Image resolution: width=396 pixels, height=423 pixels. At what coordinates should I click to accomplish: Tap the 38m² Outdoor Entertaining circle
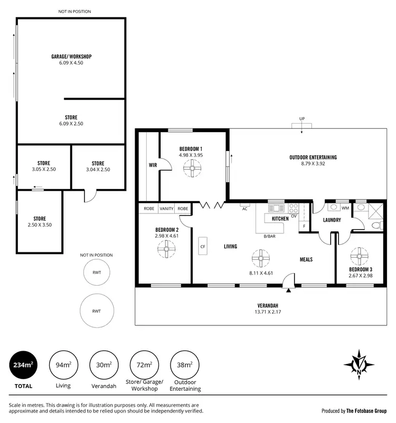(184, 365)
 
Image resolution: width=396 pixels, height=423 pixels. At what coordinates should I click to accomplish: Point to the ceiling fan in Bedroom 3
(361, 257)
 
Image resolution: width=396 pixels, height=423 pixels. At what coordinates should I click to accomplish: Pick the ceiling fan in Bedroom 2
(167, 250)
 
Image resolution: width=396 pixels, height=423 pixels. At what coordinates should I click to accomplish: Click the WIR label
(153, 165)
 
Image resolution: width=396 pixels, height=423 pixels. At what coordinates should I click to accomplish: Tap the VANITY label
(166, 209)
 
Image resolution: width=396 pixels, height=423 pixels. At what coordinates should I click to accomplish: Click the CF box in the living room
(202, 246)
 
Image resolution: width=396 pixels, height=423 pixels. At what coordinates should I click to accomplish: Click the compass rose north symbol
(359, 365)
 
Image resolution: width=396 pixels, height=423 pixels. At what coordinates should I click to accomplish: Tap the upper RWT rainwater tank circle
(97, 273)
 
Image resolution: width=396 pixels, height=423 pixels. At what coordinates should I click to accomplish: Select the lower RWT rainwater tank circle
(97, 311)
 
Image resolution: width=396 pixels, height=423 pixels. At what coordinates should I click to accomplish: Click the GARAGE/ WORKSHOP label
(71, 56)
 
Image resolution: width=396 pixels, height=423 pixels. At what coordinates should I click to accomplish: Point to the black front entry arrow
(288, 289)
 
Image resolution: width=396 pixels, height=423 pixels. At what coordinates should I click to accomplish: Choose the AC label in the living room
(244, 209)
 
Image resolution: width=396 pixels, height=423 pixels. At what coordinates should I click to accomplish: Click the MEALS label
(306, 259)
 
